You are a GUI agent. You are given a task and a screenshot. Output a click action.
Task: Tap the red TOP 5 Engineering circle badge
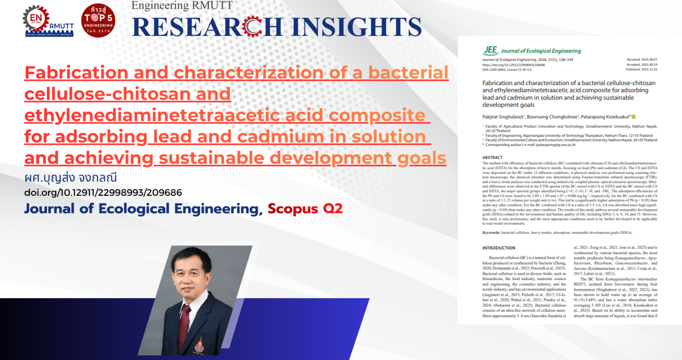tap(98, 21)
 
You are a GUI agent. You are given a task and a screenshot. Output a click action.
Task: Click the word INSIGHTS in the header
tap(356, 27)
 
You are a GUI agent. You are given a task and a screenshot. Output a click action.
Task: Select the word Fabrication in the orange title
tap(76, 73)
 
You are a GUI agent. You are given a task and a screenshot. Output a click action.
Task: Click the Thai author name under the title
tap(70, 177)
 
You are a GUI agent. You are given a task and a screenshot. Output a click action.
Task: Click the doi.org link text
tap(103, 193)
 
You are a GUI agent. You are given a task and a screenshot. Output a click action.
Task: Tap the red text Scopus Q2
tap(305, 208)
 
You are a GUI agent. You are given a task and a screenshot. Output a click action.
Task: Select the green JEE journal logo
tap(490, 51)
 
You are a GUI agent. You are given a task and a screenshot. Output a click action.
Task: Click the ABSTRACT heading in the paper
tap(492, 158)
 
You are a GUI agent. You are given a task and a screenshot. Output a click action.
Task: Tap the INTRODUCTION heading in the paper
tap(498, 248)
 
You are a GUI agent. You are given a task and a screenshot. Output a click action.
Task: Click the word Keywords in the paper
tap(491, 232)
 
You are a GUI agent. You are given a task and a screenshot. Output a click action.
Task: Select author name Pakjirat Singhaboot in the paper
tap(503, 117)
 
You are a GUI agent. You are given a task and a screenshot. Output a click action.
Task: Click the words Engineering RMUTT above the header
tap(182, 5)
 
